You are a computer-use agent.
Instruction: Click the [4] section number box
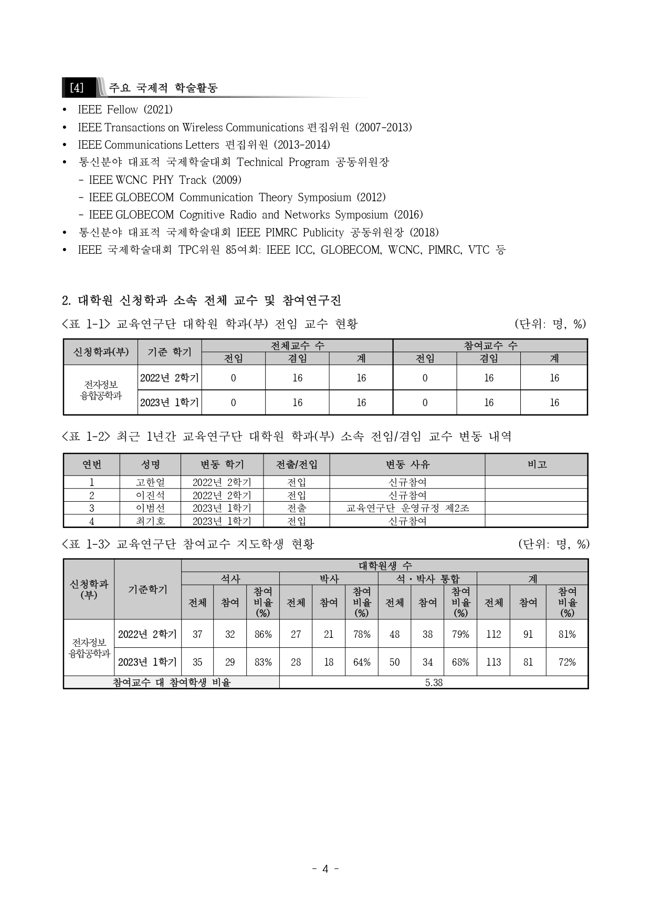pyautogui.click(x=77, y=88)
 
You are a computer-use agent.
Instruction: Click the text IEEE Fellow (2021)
pyautogui.click(x=125, y=110)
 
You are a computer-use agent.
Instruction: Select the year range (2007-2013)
pyautogui.click(x=383, y=128)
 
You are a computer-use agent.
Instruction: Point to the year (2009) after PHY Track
pyautogui.click(x=226, y=180)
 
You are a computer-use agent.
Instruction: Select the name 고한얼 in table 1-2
pyautogui.click(x=150, y=482)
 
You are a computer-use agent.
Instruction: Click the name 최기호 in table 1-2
pyautogui.click(x=150, y=521)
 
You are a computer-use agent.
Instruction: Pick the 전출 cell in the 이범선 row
pyautogui.click(x=297, y=508)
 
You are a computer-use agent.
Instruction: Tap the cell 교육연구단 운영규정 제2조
pyautogui.click(x=407, y=508)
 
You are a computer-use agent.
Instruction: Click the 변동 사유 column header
pyautogui.click(x=407, y=464)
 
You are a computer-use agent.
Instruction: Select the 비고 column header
pyautogui.click(x=537, y=464)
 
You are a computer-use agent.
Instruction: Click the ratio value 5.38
pyautogui.click(x=434, y=682)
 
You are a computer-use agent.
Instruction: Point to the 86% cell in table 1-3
pyautogui.click(x=263, y=634)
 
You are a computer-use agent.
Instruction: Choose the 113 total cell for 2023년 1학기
pyautogui.click(x=493, y=662)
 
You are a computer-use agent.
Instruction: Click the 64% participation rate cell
pyautogui.click(x=362, y=662)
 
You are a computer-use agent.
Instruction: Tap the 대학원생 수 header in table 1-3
pyautogui.click(x=385, y=565)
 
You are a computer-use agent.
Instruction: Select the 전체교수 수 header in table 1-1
pyautogui.click(x=297, y=345)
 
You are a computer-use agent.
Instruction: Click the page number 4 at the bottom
pyautogui.click(x=325, y=868)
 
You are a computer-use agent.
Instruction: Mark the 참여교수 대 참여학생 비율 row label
pyautogui.click(x=172, y=682)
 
